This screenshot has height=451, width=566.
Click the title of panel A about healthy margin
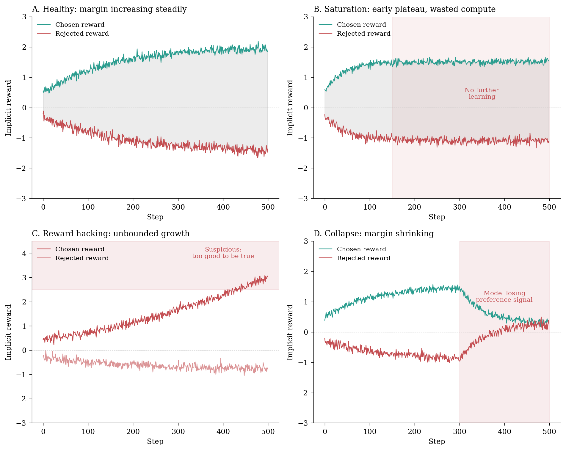109,9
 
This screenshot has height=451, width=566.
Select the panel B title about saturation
404,9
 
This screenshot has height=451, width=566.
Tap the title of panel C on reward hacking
111,234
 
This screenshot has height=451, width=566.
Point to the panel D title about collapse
374,234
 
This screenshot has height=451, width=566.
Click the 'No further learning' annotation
482,93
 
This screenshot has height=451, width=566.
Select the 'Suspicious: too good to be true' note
223,253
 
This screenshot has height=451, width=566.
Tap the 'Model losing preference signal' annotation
504,296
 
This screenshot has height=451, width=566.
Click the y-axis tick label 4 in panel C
24,253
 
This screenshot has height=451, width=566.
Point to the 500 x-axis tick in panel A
268,207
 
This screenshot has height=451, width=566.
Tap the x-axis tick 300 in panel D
460,432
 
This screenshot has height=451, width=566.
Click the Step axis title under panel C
155,441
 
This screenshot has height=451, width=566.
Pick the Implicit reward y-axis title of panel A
8,108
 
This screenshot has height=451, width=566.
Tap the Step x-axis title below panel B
437,217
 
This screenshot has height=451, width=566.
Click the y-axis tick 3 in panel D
306,241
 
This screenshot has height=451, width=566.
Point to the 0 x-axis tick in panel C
43,432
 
